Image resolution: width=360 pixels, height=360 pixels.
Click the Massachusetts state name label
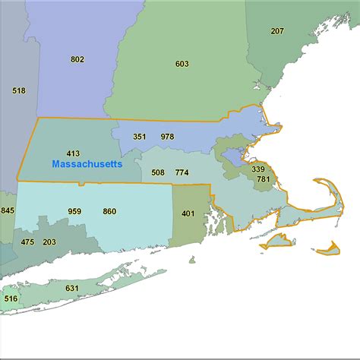(87, 164)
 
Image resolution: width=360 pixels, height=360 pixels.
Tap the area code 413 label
(73, 153)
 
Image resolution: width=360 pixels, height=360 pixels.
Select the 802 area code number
(77, 59)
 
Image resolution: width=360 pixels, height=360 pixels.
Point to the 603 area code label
(182, 64)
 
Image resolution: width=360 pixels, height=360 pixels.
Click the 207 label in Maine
(277, 31)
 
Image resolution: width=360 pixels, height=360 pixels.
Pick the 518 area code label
(19, 90)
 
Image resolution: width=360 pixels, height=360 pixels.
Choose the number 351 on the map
(140, 137)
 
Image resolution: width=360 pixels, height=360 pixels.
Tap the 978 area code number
(167, 137)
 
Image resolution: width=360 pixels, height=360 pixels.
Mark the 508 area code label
(158, 172)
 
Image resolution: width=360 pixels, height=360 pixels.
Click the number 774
(182, 172)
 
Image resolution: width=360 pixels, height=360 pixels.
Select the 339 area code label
(258, 169)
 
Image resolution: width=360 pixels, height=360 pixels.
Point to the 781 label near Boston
(263, 179)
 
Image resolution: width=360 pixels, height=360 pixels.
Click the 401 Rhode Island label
(188, 213)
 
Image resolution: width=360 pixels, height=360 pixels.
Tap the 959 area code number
(74, 211)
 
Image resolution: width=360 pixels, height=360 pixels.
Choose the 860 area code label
(109, 211)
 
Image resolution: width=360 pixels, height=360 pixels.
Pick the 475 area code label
(27, 242)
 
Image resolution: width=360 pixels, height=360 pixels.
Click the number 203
(49, 242)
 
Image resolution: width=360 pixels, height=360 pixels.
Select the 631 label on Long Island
(71, 288)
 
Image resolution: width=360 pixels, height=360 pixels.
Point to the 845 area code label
(8, 210)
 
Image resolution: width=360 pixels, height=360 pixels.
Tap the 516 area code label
(11, 298)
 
